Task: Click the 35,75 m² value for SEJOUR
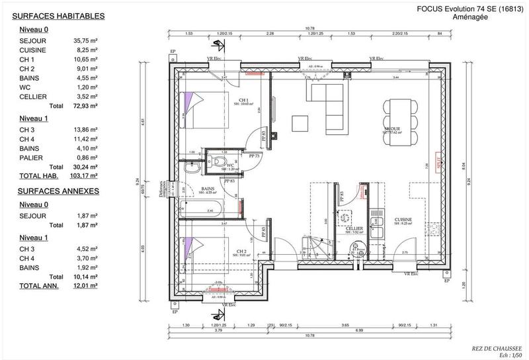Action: (x=85, y=40)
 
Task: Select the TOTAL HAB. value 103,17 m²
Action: (x=85, y=175)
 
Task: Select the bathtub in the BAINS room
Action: (x=201, y=211)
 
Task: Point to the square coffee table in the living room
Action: (x=301, y=124)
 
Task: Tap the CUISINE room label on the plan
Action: (x=403, y=219)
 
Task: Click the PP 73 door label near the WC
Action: (x=254, y=156)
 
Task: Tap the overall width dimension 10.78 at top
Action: (x=309, y=28)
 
